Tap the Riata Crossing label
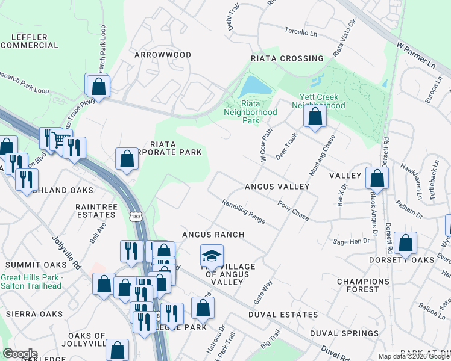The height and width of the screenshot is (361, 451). click(287, 58)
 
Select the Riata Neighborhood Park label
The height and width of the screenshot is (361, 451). click(250, 112)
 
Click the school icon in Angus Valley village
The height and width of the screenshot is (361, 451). click(211, 257)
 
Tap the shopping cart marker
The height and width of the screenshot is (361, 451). click(59, 140)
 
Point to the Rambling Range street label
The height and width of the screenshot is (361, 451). click(244, 212)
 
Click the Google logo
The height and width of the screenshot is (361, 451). click(20, 354)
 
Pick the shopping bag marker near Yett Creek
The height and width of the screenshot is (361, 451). click(315, 117)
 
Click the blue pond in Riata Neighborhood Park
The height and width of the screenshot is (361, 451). click(256, 88)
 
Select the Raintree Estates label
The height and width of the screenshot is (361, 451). click(96, 210)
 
